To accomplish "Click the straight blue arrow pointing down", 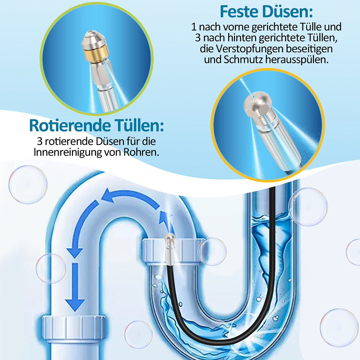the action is [75, 287].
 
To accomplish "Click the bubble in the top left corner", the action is [28, 184].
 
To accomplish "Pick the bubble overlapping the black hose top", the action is [308, 207].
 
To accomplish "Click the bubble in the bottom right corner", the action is [339, 327].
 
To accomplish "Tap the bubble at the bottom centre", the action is [138, 335].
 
